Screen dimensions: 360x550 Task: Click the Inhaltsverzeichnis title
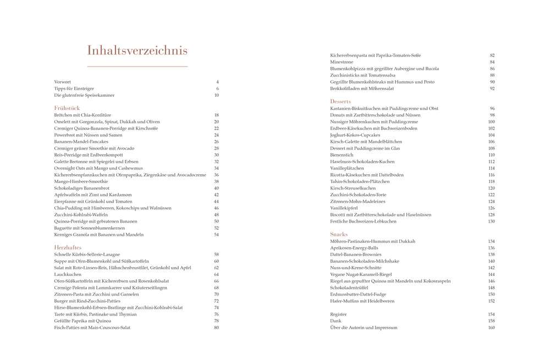(x=137, y=51)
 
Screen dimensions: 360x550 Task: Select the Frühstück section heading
(x=68, y=108)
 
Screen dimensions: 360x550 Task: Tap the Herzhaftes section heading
(x=68, y=248)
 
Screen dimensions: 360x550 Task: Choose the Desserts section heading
(x=340, y=102)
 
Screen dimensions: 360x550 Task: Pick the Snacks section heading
(x=339, y=234)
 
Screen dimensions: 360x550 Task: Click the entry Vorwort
(x=63, y=82)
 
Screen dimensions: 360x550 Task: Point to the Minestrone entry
(x=342, y=62)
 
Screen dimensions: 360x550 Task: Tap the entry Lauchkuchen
(x=68, y=274)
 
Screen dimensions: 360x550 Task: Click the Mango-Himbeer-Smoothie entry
(x=78, y=181)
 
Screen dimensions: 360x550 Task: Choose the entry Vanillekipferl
(x=344, y=208)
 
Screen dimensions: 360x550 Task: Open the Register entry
(x=339, y=314)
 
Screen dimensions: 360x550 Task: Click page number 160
(x=491, y=328)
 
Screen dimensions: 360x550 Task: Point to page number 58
(x=217, y=254)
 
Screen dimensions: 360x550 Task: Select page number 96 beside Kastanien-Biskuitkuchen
(x=492, y=109)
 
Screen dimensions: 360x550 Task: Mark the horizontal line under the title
(x=137, y=67)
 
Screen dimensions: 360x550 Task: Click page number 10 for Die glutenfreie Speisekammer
(x=217, y=95)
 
